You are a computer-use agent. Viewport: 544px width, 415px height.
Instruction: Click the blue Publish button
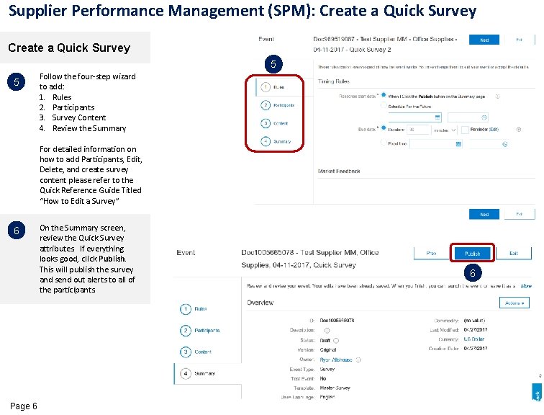(472, 254)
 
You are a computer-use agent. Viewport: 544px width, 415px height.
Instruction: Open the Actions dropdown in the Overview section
(513, 303)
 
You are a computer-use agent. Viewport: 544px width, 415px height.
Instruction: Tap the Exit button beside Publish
(514, 254)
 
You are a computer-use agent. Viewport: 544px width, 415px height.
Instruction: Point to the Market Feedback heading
(340, 171)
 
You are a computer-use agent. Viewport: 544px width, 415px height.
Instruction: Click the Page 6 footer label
(24, 406)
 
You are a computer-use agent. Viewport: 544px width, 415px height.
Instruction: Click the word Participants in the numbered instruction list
(73, 107)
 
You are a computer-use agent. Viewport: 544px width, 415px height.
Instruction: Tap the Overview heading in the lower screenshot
(260, 303)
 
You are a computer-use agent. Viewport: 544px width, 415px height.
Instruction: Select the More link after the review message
(526, 286)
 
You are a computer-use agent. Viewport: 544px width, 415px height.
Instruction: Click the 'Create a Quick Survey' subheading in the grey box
(68, 48)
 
